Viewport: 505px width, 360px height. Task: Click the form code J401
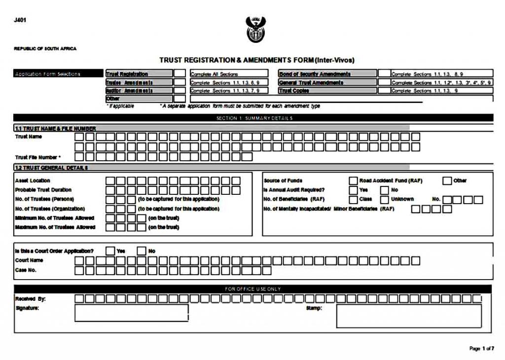(x=20, y=20)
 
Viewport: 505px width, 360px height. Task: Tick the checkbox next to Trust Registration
(x=180, y=74)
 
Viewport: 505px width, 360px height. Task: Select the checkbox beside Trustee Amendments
(x=180, y=82)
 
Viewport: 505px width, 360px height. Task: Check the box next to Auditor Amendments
(x=180, y=91)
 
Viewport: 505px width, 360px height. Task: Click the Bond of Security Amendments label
(x=315, y=74)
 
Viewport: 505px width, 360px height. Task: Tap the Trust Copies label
(x=294, y=91)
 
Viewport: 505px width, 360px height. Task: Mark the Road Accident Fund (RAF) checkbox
(x=353, y=180)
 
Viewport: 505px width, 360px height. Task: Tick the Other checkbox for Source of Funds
(x=447, y=180)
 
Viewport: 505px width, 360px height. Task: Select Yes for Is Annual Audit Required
(x=353, y=190)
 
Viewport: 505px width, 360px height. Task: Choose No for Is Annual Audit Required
(x=385, y=190)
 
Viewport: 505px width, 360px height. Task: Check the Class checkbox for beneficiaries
(x=353, y=200)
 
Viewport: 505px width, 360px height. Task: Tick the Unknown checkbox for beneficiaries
(x=385, y=200)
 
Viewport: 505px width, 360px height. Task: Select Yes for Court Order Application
(x=110, y=251)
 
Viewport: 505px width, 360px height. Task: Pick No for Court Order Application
(x=142, y=251)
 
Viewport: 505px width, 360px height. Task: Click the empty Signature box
(x=131, y=313)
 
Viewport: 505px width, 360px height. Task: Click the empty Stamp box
(x=409, y=316)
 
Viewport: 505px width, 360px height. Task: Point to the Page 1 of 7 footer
(x=481, y=349)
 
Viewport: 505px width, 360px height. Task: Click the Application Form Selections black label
(x=48, y=74)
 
